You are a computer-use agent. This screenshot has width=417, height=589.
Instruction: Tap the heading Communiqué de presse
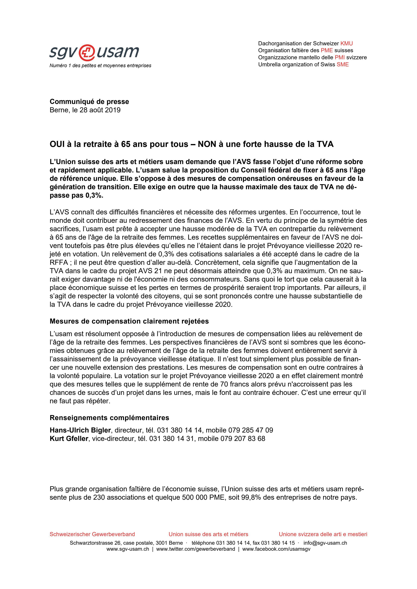click(89, 102)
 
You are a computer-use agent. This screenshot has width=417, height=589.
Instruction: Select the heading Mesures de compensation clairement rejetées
click(129, 321)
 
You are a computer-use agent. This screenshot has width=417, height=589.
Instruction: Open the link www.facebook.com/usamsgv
click(276, 549)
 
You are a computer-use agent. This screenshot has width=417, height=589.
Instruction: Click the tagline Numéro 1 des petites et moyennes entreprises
click(100, 66)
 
